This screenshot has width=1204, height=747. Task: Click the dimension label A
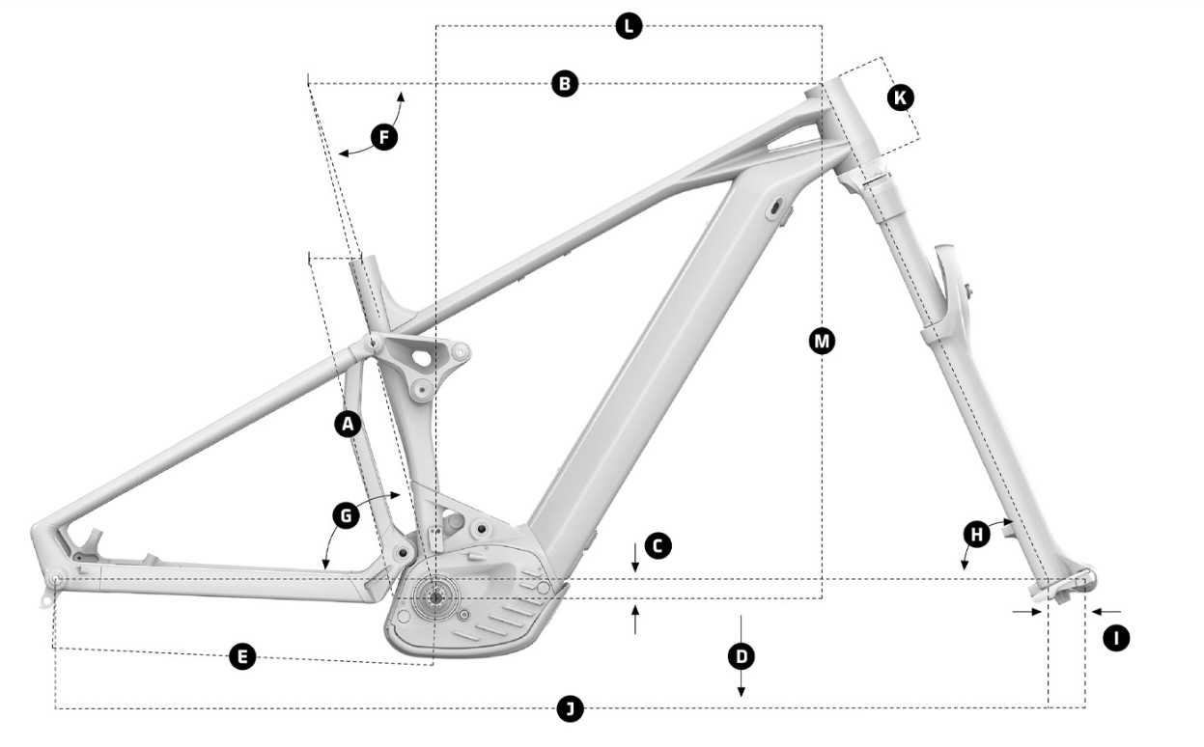[x=349, y=425]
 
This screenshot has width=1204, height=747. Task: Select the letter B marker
[x=565, y=84]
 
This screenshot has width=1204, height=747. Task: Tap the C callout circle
[x=658, y=546]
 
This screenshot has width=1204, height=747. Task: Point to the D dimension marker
[x=742, y=656]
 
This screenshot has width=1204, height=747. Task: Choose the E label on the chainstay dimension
[x=242, y=656]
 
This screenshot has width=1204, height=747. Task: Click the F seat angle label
[x=384, y=137]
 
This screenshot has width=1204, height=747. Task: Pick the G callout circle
[x=347, y=516]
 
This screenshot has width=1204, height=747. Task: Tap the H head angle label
[x=977, y=534]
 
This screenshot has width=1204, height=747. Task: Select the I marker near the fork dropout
[x=1116, y=639]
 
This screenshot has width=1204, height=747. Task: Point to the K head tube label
[x=900, y=97]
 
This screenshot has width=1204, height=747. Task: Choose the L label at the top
[x=629, y=26]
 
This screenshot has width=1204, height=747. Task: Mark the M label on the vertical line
[x=822, y=342]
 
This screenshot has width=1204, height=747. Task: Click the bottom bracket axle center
[x=434, y=597]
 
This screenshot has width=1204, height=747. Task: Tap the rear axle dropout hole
[x=56, y=578]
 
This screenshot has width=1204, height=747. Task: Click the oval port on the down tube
[x=775, y=207]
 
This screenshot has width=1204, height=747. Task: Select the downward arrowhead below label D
[x=742, y=692]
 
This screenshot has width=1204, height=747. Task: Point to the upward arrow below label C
[x=635, y=619]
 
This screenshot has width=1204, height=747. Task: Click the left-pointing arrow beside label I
[x=1106, y=612]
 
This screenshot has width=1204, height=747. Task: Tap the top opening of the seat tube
[x=360, y=262]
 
